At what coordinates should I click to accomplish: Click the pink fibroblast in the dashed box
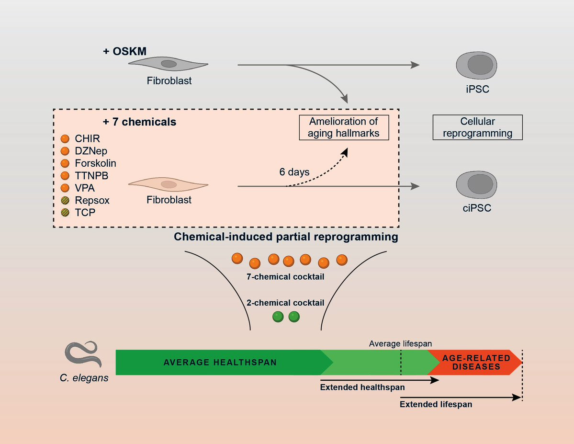[169, 184]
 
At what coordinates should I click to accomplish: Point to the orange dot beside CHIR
[66, 139]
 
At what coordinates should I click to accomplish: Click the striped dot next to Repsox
[66, 200]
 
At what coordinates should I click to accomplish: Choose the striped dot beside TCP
[66, 212]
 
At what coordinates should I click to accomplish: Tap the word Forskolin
[95, 163]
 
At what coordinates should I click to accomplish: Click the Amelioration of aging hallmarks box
[344, 127]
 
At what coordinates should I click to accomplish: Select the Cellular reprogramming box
[477, 127]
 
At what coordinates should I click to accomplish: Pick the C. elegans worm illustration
[82, 355]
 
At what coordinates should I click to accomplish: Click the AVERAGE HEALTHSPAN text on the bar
[220, 362]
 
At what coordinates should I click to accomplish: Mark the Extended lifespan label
[436, 404]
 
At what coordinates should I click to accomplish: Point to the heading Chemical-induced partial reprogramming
[286, 237]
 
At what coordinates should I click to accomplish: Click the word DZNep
[91, 151]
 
